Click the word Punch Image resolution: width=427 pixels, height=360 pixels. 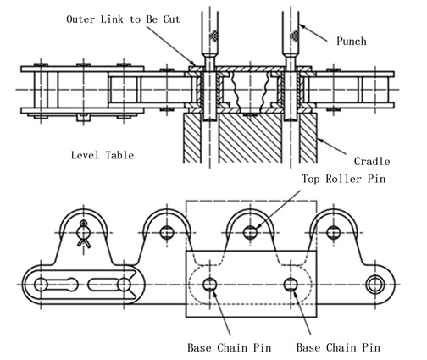click(352, 42)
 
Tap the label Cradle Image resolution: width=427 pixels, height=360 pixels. click(372, 162)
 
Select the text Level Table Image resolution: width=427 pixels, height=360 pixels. click(103, 155)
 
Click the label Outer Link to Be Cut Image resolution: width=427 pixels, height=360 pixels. click(123, 19)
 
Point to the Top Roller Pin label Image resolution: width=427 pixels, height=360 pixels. click(344, 179)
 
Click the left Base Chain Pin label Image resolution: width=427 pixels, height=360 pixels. click(230, 347)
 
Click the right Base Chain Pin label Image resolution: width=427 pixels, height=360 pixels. click(338, 347)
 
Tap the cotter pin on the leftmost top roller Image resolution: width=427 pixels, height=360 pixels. click(84, 234)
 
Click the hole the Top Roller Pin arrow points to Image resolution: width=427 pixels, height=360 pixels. click(250, 233)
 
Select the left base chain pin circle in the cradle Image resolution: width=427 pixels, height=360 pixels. click(210, 285)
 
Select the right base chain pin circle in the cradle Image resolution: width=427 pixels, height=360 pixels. click(291, 285)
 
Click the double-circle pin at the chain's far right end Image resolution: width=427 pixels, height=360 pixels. click(374, 285)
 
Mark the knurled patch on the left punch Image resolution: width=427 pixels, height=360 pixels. click(214, 36)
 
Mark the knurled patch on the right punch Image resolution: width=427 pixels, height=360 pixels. click(295, 36)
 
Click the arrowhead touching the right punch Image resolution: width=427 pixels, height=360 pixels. click(302, 27)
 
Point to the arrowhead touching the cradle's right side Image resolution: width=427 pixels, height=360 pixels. click(320, 140)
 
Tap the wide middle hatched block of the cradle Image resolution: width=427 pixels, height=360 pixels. click(250, 138)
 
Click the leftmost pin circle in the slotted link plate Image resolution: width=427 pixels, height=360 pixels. click(41, 285)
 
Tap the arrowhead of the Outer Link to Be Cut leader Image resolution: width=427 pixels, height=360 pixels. click(192, 63)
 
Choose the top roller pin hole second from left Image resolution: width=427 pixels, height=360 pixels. click(167, 233)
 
